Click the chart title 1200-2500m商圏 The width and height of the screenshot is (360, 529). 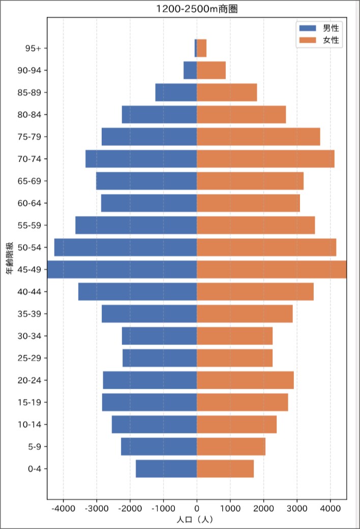pyautogui.click(x=197, y=9)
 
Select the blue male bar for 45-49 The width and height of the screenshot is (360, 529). pyautogui.click(x=122, y=269)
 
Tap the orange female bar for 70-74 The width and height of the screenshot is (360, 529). pyautogui.click(x=265, y=159)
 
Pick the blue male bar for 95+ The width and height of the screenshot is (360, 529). pyautogui.click(x=196, y=48)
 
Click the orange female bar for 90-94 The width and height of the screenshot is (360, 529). pyautogui.click(x=211, y=70)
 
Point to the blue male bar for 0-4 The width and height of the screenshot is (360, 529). pyautogui.click(x=166, y=469)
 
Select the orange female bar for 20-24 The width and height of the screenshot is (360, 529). pyautogui.click(x=245, y=380)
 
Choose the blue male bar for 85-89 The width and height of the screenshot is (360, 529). pyautogui.click(x=176, y=92)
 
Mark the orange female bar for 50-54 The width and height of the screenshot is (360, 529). pyautogui.click(x=266, y=247)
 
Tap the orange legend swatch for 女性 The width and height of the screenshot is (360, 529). pyautogui.click(x=308, y=40)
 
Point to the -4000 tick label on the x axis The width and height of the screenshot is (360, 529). pyautogui.click(x=63, y=508)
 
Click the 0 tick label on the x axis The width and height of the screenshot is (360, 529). pyautogui.click(x=197, y=508)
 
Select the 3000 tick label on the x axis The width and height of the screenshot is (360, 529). pyautogui.click(x=297, y=508)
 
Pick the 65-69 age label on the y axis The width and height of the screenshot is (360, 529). pyautogui.click(x=29, y=181)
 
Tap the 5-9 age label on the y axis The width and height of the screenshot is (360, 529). pyautogui.click(x=35, y=446)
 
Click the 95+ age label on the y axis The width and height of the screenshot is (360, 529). pyautogui.click(x=33, y=48)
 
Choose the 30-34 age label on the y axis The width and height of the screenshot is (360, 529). pyautogui.click(x=29, y=336)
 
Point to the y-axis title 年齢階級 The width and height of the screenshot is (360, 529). pyautogui.click(x=9, y=258)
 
